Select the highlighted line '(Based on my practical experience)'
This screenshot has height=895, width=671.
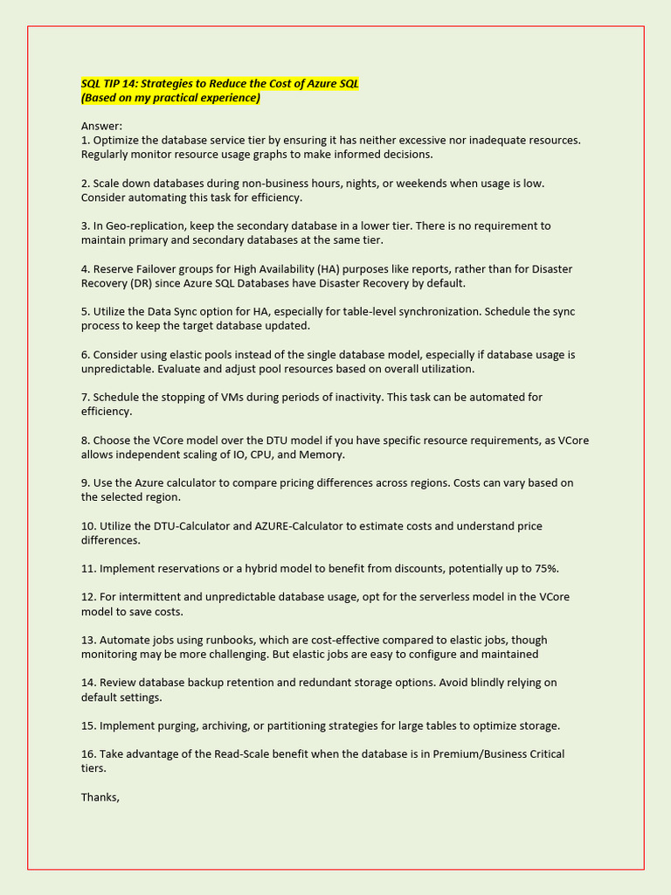[x=170, y=98]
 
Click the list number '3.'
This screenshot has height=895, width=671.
[x=86, y=225]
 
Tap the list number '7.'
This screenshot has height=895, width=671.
[x=86, y=397]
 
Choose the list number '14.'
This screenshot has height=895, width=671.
[x=89, y=683]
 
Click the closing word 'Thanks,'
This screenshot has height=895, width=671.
[x=100, y=797]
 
